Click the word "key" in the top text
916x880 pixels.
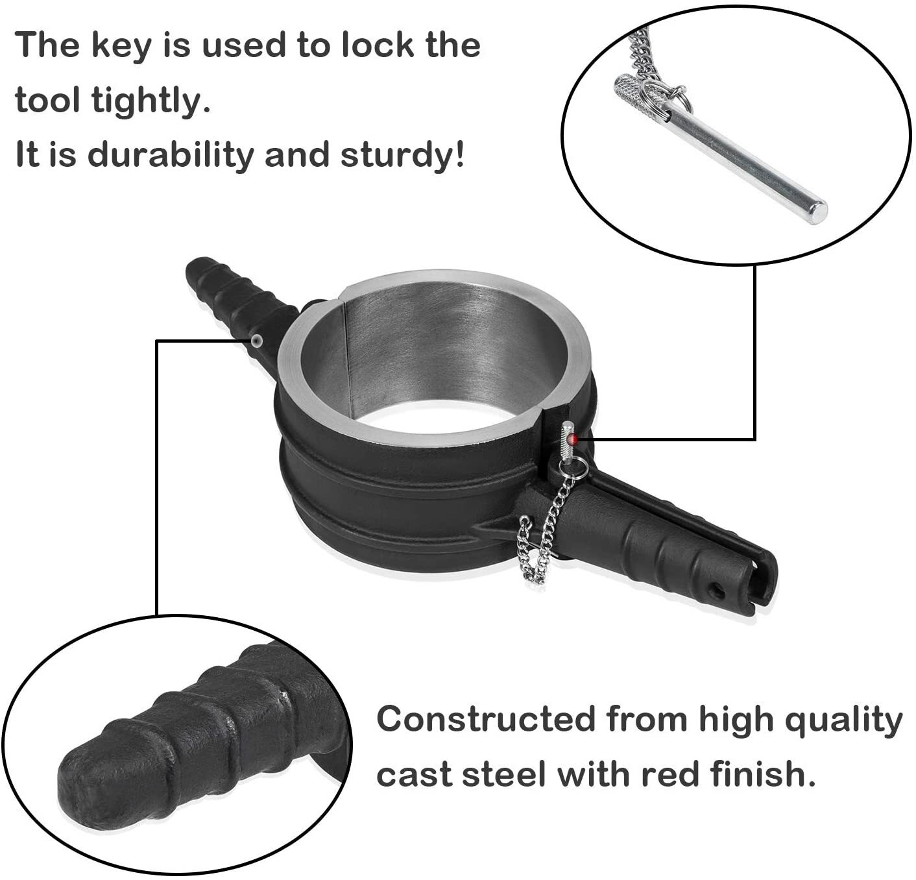[x=118, y=45]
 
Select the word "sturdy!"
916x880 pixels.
[x=403, y=156]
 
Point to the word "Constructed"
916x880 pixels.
[x=485, y=719]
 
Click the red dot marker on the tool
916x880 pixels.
[x=572, y=440]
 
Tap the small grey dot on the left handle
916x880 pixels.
[x=258, y=340]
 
